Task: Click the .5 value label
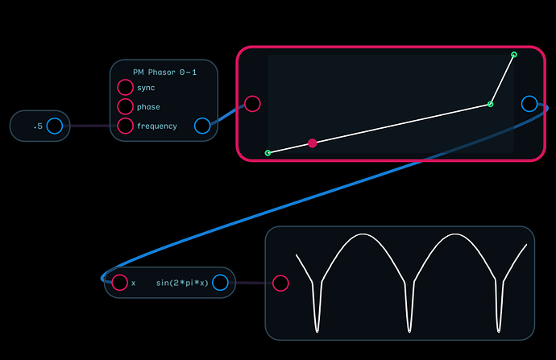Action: (38, 126)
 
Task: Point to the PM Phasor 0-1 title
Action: (165, 72)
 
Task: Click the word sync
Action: (146, 88)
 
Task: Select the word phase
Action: (148, 107)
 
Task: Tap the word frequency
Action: (157, 126)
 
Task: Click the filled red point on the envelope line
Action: (313, 143)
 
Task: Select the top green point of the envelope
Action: (514, 55)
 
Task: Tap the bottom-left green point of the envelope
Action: (268, 153)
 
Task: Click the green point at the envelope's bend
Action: (490, 104)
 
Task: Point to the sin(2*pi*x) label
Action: (182, 283)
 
